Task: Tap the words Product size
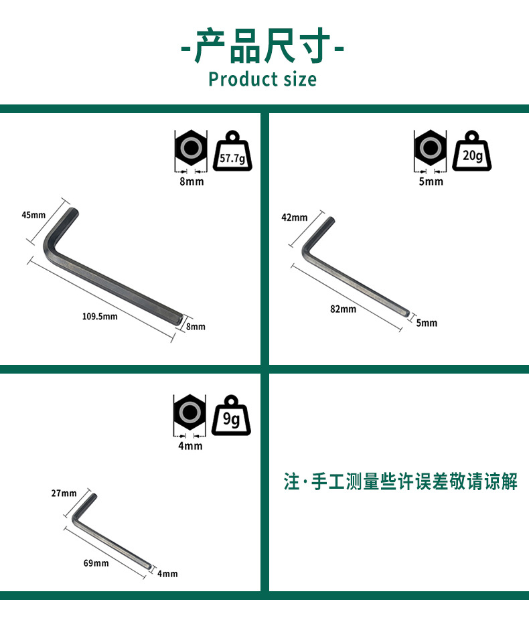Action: tap(262, 79)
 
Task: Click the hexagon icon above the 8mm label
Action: tap(191, 149)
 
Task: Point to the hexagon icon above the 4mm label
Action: tap(190, 412)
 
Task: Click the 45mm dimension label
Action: tap(33, 215)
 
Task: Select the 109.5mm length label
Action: tap(99, 316)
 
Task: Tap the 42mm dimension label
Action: tap(295, 218)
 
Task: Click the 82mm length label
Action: tap(344, 309)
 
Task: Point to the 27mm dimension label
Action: tap(64, 493)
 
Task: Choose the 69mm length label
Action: tap(96, 563)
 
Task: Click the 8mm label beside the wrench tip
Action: tap(196, 327)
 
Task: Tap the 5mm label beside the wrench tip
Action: tap(427, 323)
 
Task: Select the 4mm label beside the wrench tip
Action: tap(167, 574)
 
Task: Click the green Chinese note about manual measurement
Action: tap(400, 481)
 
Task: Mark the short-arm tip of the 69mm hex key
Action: tap(94, 497)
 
